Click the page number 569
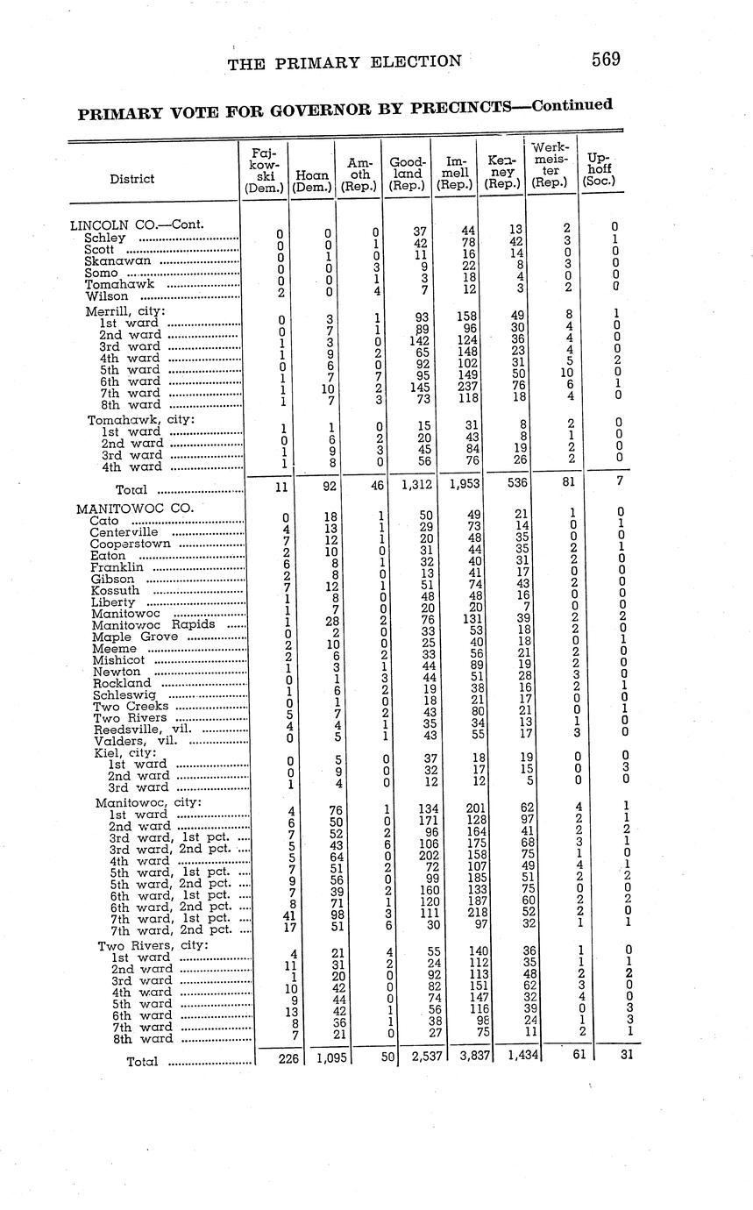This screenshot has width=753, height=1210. pyautogui.click(x=606, y=60)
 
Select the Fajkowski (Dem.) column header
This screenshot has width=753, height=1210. pyautogui.click(x=265, y=170)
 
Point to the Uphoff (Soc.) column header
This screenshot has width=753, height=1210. pyautogui.click(x=600, y=171)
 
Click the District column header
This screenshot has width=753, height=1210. pyautogui.click(x=131, y=179)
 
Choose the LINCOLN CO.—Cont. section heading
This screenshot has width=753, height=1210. pyautogui.click(x=137, y=224)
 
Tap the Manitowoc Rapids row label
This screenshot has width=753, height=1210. pyautogui.click(x=153, y=624)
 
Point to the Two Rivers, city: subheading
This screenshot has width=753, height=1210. pyautogui.click(x=153, y=945)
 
